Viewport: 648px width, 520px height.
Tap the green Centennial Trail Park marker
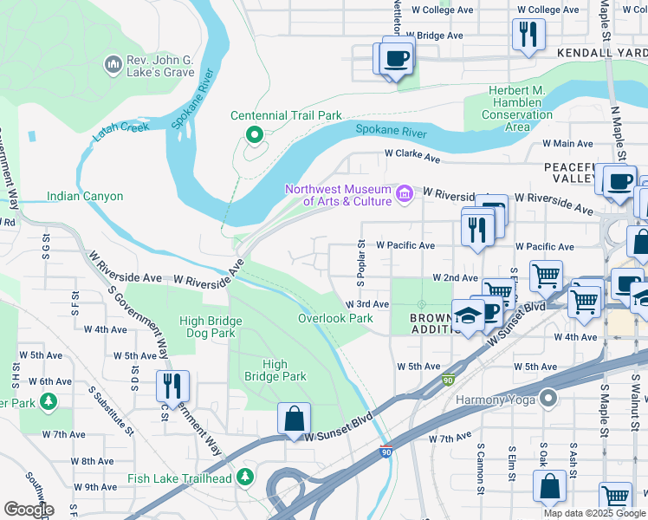254,134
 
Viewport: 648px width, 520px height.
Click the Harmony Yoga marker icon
547,399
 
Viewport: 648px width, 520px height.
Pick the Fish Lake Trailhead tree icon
246,478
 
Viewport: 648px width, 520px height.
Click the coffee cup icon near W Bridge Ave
396,57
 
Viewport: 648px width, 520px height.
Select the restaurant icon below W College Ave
526,35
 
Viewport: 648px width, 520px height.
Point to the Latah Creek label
121,127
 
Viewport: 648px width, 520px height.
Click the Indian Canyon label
85,197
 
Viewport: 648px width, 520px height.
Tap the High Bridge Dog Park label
211,327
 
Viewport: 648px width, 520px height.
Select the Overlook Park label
335,318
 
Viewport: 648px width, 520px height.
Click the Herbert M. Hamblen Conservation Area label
516,109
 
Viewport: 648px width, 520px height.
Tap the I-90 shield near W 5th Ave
447,380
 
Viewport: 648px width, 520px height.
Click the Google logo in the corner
29,509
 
